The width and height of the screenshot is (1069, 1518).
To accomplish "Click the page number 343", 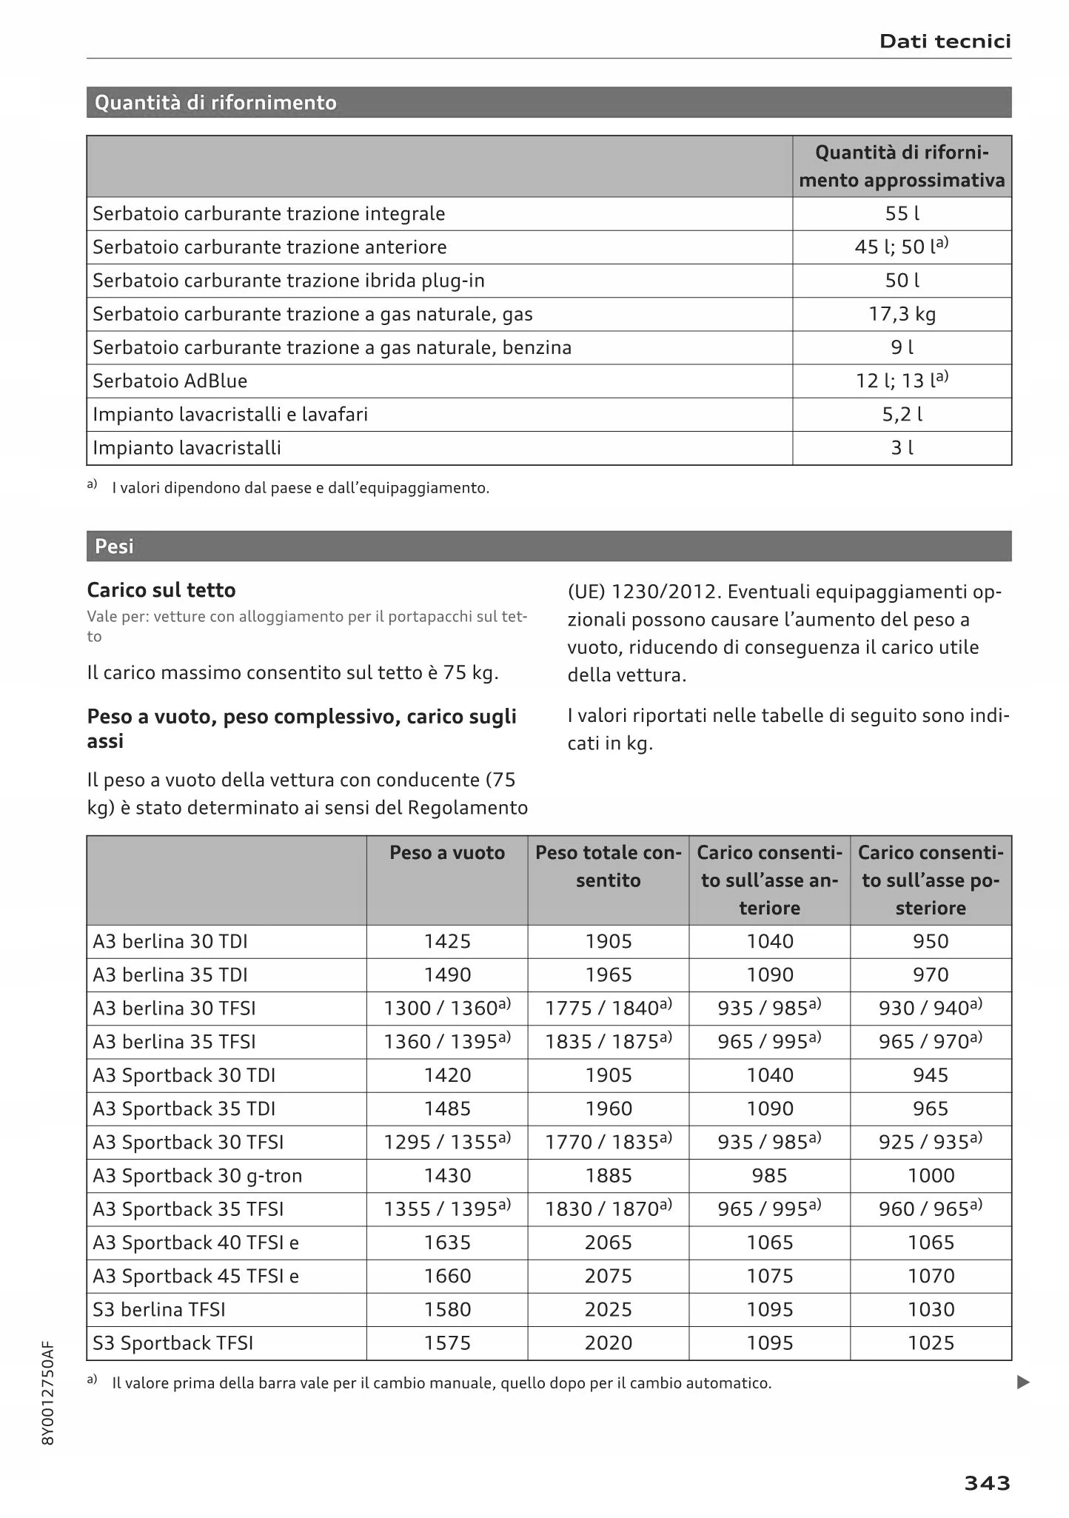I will coord(986,1482).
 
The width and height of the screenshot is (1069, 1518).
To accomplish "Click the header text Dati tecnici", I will coord(945,41).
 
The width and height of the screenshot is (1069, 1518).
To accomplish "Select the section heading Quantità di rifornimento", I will coord(215,102).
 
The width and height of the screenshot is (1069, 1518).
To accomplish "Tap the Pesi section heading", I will coord(114,546).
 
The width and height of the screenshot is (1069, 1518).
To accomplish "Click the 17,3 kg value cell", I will coord(902,314).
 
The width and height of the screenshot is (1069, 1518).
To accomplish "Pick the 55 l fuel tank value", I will coord(902,214).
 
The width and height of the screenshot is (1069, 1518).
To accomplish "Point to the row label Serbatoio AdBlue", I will coord(170,381).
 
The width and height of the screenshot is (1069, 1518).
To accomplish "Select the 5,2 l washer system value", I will coord(902,415).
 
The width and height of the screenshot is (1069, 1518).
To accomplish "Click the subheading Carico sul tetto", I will coord(161,590).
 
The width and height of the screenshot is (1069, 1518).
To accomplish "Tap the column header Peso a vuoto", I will coord(447,853).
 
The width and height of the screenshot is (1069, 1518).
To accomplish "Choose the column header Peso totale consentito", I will coord(608,866).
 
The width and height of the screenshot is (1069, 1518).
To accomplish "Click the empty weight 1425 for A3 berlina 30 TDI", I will coord(447,941).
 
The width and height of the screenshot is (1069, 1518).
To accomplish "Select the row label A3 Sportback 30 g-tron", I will coord(197,1176).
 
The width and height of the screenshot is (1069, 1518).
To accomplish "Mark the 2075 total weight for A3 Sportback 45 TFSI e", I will coord(608,1276).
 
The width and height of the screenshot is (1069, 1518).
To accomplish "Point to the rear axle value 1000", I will coord(931,1176).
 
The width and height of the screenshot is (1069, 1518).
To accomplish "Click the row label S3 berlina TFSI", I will coord(158,1309).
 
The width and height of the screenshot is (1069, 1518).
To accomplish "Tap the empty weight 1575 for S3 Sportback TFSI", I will coord(447,1343).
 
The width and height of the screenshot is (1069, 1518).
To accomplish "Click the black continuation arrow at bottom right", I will coord(1023,1382).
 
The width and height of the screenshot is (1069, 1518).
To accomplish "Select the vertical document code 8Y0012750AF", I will coord(48,1393).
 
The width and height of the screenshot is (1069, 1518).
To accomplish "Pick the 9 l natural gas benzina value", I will coord(902,347).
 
